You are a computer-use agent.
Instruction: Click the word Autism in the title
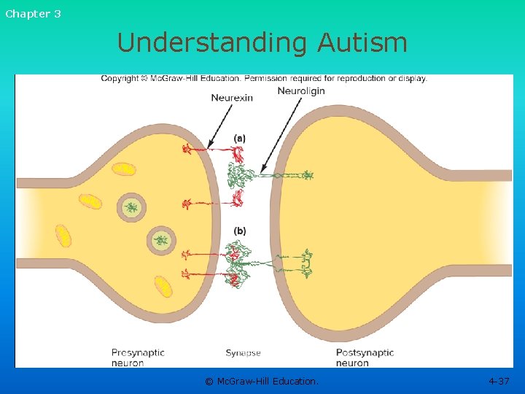click(362, 42)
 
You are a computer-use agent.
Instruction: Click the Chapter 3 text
click(34, 14)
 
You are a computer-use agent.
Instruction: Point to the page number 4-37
click(499, 381)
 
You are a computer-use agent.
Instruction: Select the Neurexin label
click(232, 98)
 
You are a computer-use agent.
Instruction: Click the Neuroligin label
click(301, 91)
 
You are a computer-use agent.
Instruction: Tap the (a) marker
click(240, 136)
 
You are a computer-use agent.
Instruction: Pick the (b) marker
click(240, 231)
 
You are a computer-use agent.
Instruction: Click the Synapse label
click(243, 353)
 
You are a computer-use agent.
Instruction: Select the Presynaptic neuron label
click(138, 358)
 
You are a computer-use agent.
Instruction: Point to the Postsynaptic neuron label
click(365, 358)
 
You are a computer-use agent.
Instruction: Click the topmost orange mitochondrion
click(124, 169)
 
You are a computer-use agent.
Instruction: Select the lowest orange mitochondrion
click(163, 286)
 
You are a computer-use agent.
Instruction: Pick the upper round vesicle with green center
click(131, 207)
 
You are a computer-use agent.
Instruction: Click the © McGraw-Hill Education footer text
click(262, 381)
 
